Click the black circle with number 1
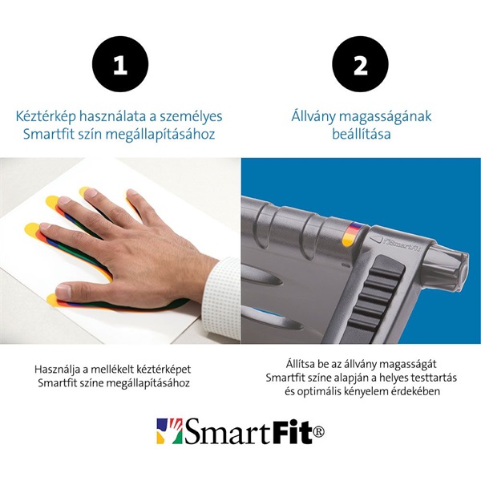tap(119, 66)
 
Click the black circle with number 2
tap(360, 66)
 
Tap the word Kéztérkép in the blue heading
tap(46, 116)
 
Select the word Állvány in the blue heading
tap(316, 116)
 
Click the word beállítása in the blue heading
tap(361, 134)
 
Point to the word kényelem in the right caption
tap(367, 392)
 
